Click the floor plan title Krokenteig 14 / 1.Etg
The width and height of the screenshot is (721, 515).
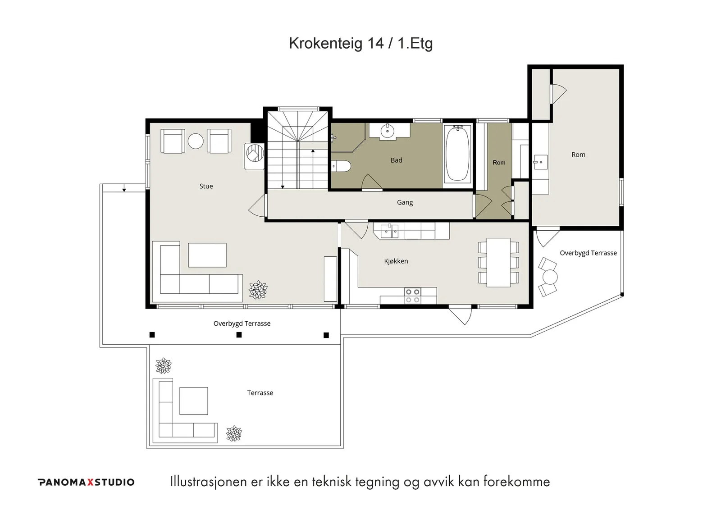(x=361, y=43)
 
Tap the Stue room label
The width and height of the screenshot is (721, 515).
(x=206, y=186)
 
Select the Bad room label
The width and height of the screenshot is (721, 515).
(x=396, y=160)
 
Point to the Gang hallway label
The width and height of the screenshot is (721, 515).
(x=405, y=202)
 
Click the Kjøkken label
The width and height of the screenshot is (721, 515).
(x=396, y=261)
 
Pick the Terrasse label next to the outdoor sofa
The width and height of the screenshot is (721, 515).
(x=260, y=393)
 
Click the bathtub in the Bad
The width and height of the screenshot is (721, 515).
(x=458, y=154)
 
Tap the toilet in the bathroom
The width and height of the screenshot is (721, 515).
(x=341, y=166)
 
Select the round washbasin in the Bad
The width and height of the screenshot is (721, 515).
(x=387, y=131)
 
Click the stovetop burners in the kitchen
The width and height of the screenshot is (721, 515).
(x=412, y=296)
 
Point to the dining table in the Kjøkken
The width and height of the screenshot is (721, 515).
(x=498, y=262)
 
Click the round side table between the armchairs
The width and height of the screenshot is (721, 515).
(x=196, y=141)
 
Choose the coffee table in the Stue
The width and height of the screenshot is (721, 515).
(x=207, y=255)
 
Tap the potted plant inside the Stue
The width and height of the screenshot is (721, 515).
(x=258, y=290)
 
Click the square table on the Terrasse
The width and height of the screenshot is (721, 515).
(x=193, y=401)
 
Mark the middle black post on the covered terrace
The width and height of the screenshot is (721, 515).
(x=239, y=335)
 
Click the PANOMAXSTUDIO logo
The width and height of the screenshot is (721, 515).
(x=86, y=482)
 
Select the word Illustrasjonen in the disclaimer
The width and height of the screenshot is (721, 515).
(x=209, y=482)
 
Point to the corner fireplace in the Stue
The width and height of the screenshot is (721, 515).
(x=254, y=156)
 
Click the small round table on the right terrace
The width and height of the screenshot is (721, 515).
(x=550, y=277)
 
